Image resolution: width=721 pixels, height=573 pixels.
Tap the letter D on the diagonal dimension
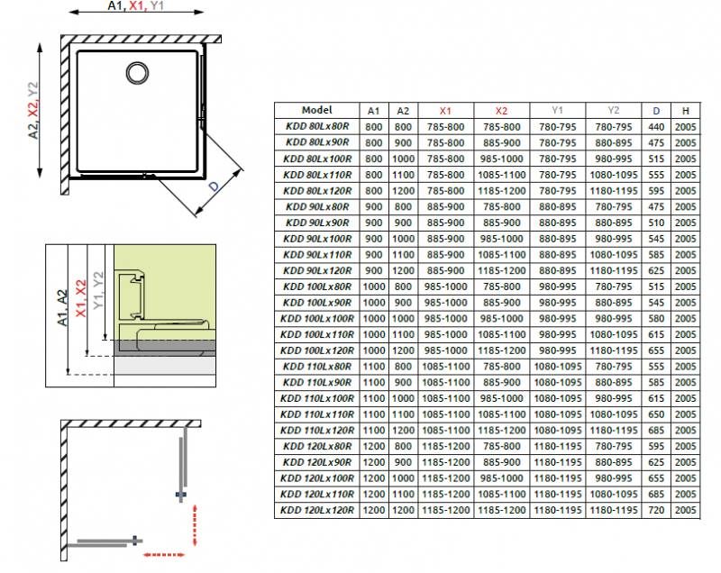click(x=214, y=186)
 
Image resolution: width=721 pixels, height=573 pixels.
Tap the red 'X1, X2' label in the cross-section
click(x=81, y=297)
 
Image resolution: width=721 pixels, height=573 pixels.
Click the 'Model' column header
click(x=316, y=110)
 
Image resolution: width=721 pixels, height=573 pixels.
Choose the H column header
click(x=686, y=110)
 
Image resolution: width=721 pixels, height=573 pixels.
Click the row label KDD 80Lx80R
click(x=316, y=126)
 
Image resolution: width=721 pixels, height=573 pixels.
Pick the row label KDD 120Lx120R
click(x=316, y=511)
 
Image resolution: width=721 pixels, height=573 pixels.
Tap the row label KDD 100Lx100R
click(x=316, y=319)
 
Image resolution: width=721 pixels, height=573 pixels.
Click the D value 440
click(x=657, y=126)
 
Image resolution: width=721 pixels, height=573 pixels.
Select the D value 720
click(x=657, y=511)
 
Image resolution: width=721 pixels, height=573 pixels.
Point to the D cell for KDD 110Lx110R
click(x=657, y=414)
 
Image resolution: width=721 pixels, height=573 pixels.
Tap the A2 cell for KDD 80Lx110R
click(x=403, y=174)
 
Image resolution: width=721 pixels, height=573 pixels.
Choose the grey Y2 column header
click(x=613, y=110)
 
